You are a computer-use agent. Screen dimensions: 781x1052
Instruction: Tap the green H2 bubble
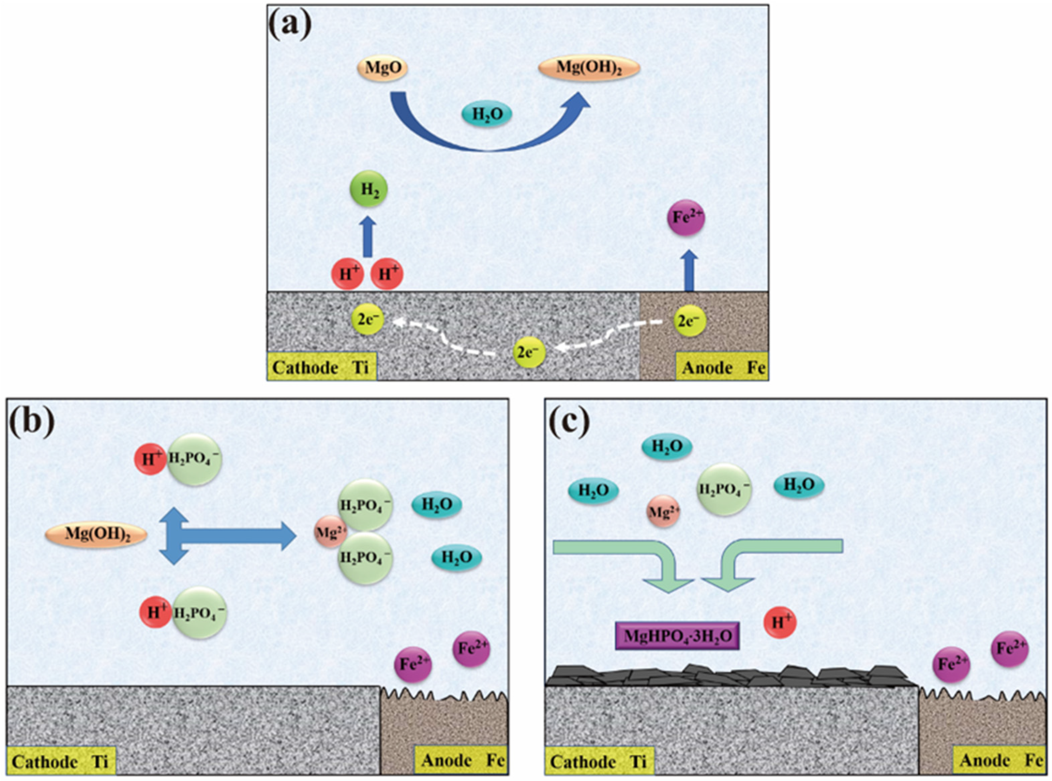[369, 190]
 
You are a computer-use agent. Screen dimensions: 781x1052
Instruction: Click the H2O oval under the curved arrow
[486, 114]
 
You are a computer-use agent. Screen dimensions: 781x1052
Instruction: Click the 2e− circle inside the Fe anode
[689, 321]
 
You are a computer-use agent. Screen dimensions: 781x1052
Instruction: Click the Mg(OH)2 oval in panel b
[96, 535]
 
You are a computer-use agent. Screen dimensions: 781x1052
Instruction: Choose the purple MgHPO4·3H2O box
[677, 636]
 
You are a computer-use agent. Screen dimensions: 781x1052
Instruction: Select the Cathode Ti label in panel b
[61, 761]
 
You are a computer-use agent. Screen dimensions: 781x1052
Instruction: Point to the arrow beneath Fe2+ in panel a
[691, 270]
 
